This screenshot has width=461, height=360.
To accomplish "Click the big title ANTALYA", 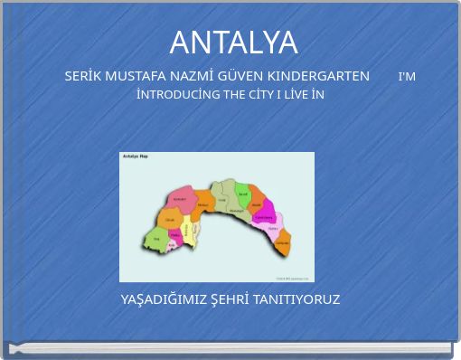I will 233,42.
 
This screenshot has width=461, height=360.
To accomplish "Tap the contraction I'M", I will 407,76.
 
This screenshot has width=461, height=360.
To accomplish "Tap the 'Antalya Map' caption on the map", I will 135,156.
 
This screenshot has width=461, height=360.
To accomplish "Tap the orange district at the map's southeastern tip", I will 283,242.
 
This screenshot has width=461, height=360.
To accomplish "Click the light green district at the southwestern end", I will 155,239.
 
